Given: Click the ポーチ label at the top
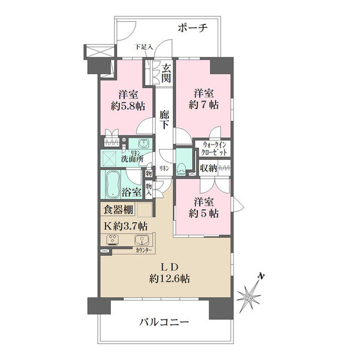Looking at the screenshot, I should (193, 27).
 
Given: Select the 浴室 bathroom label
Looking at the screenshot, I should (131, 191).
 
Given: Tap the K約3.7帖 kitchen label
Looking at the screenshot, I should (126, 226).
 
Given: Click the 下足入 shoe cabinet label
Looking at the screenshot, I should (144, 47).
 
